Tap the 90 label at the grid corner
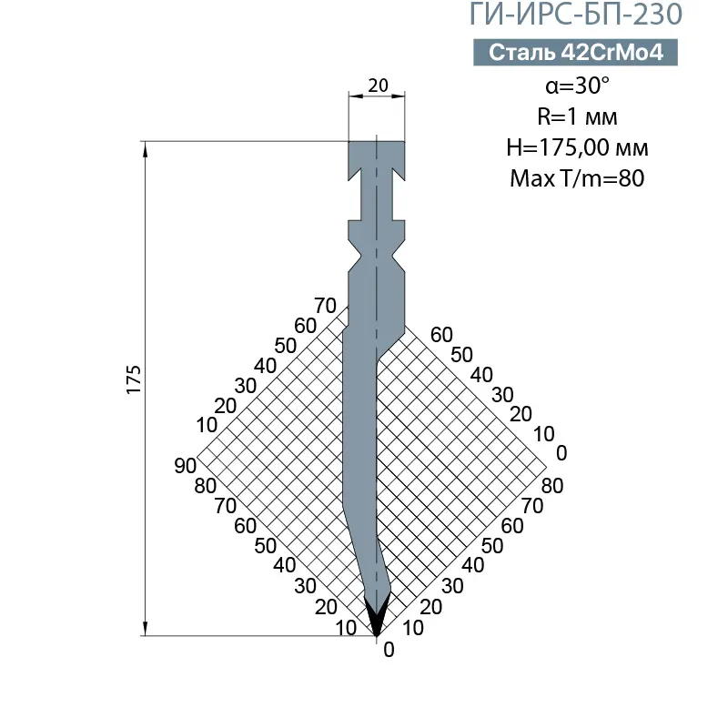pyautogui.click(x=186, y=465)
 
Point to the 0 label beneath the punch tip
pyautogui.click(x=389, y=650)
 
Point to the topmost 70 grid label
pyautogui.click(x=324, y=305)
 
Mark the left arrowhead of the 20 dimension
pyautogui.click(x=353, y=95)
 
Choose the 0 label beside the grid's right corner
pyautogui.click(x=561, y=452)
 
